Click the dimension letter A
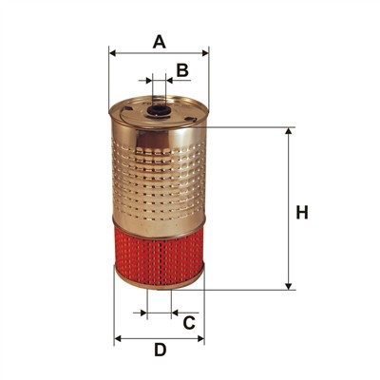(x=160, y=42)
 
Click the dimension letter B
(x=182, y=70)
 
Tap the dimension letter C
(x=189, y=323)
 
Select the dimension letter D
(x=161, y=350)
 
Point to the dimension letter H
(x=302, y=213)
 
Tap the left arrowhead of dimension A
(x=113, y=53)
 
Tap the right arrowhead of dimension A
(x=205, y=53)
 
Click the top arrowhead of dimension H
(x=289, y=132)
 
